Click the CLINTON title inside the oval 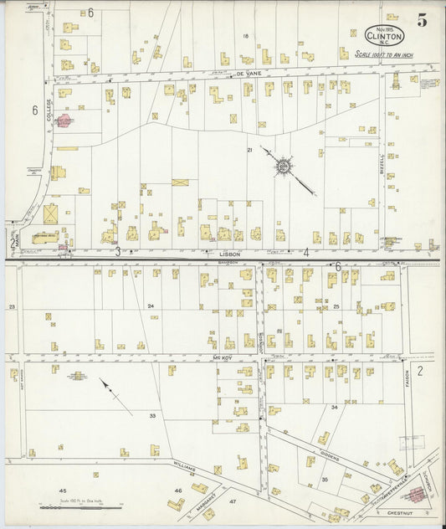click(385, 36)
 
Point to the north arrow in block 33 click(115, 395)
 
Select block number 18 click(246, 36)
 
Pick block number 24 click(151, 306)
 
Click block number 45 click(61, 490)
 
